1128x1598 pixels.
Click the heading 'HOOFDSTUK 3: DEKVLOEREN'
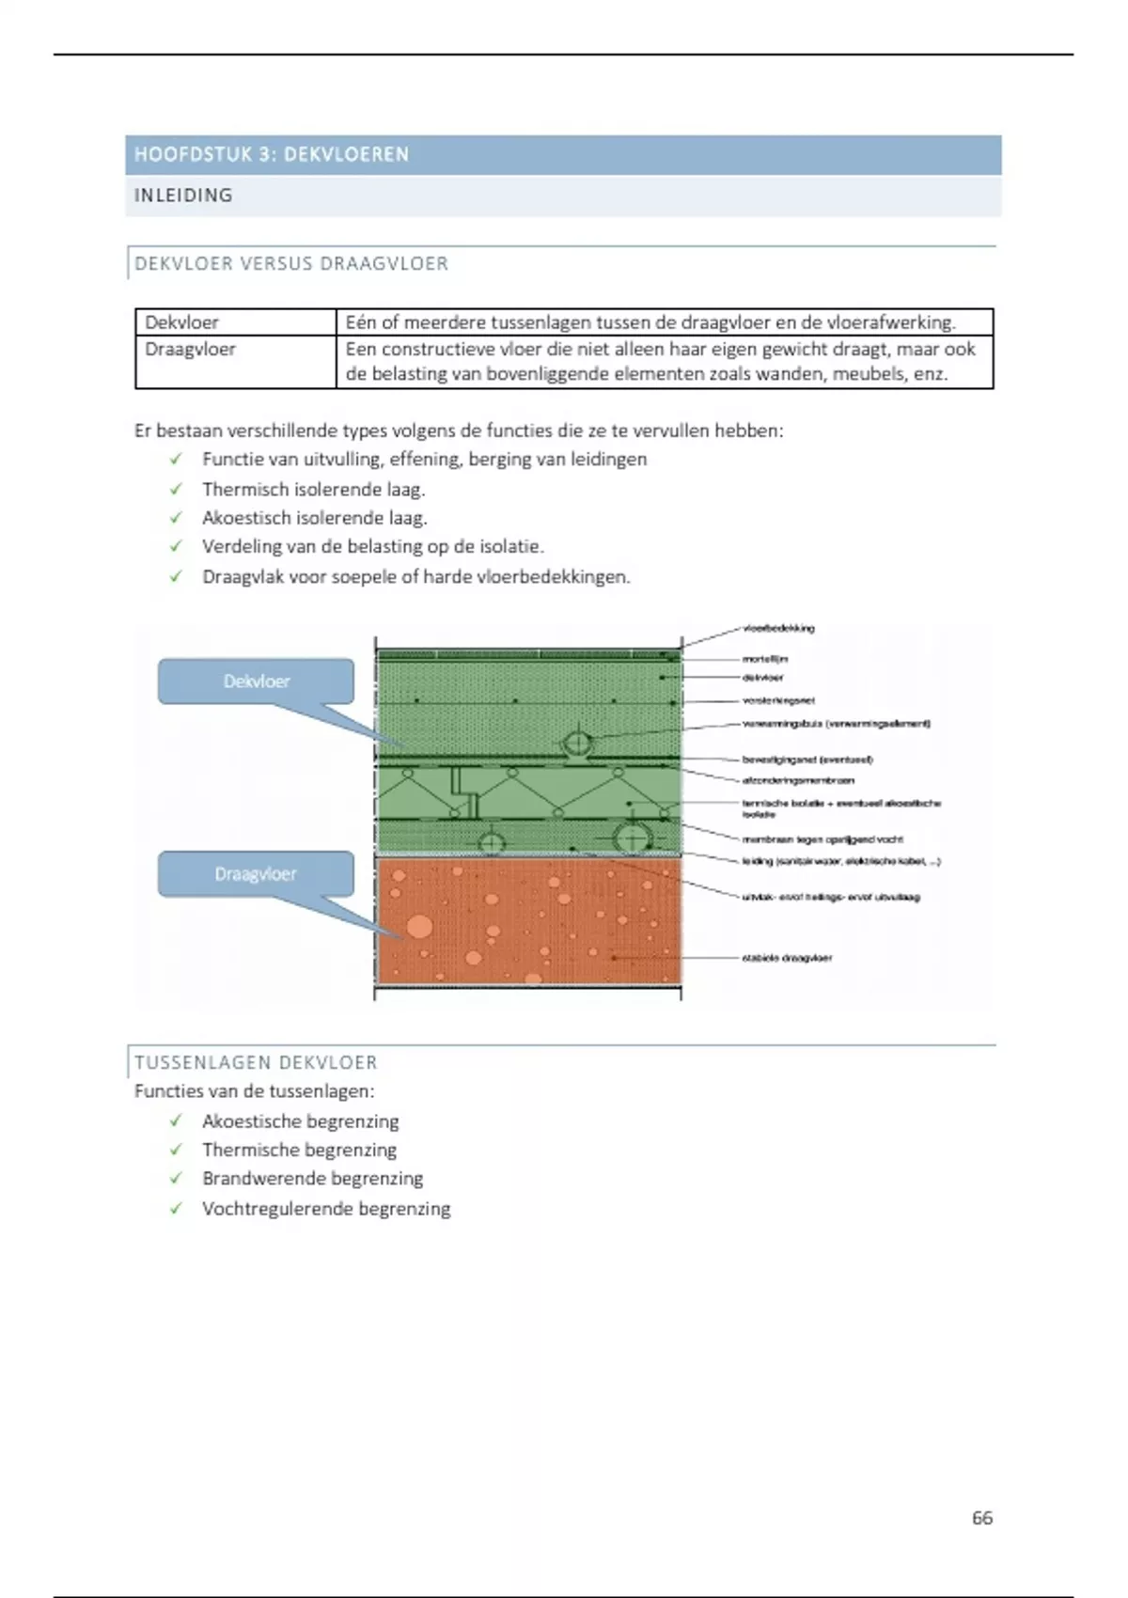tap(272, 154)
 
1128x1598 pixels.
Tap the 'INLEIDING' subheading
tap(183, 196)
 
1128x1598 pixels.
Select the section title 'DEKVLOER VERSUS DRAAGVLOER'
tap(291, 264)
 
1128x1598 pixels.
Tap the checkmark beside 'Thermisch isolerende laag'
tap(176, 489)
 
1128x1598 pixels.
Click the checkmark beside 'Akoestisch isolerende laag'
tap(176, 518)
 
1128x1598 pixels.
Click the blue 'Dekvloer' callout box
tap(256, 681)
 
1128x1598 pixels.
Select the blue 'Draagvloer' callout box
tap(256, 874)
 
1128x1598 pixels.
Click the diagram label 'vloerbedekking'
tap(778, 628)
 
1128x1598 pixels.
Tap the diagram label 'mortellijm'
tap(765, 659)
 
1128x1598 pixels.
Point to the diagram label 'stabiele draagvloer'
tap(787, 958)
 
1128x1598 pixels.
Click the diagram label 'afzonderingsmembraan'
tap(798, 780)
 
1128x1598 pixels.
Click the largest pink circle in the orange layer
tap(419, 927)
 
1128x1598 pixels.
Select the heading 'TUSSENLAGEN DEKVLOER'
tap(256, 1062)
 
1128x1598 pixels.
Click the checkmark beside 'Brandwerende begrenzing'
tap(176, 1179)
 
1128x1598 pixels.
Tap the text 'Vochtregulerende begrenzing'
tap(326, 1209)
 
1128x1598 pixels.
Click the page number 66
tap(982, 1518)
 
